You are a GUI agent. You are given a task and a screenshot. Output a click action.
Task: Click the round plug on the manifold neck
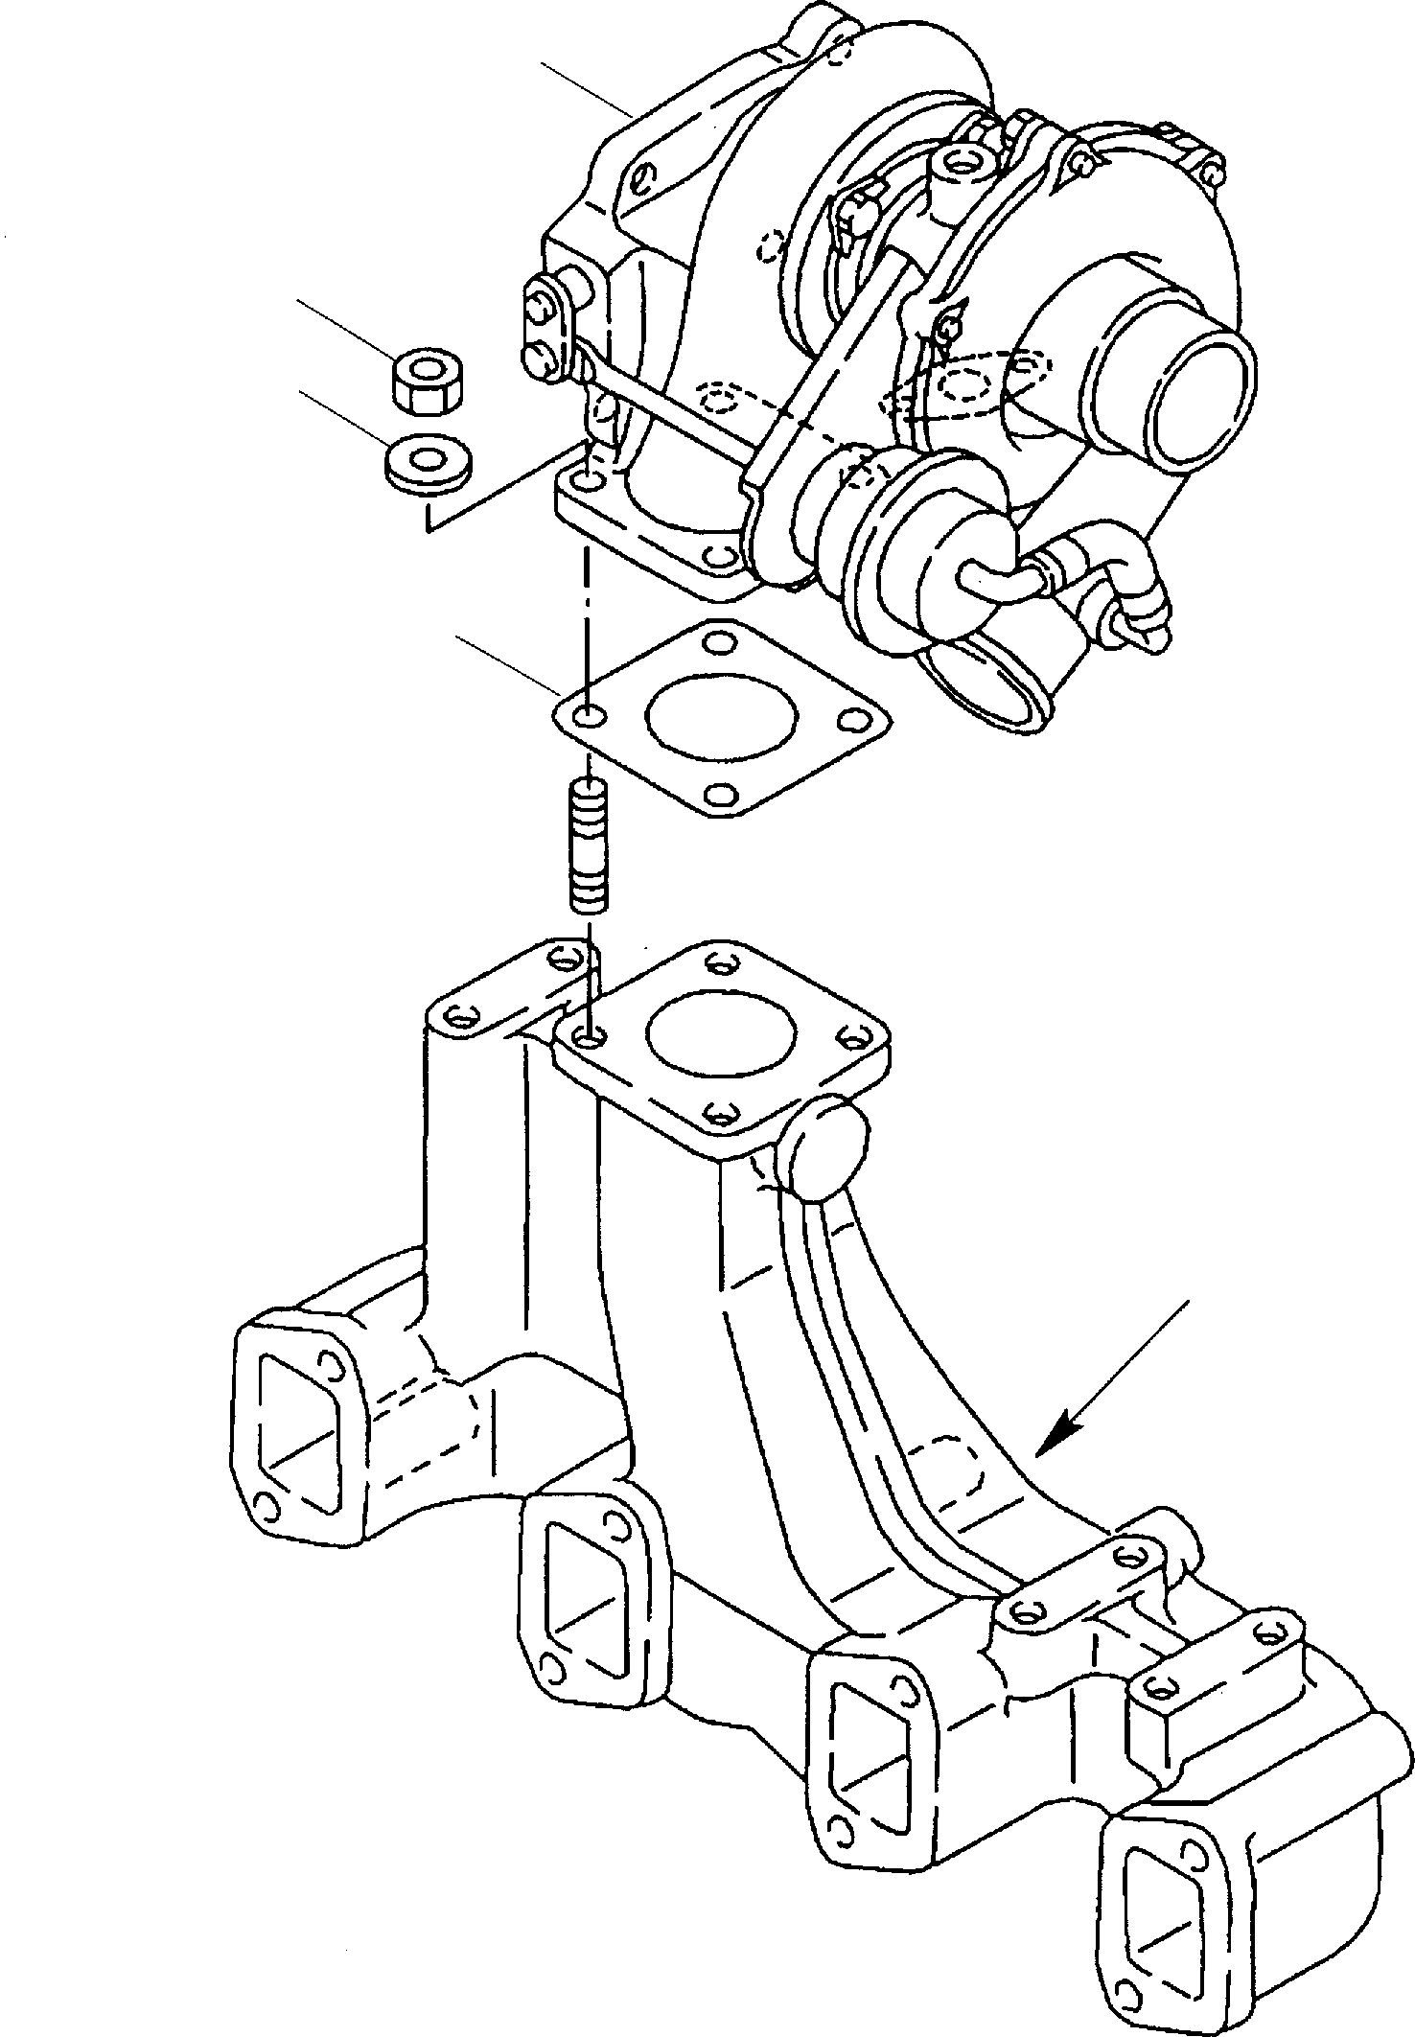(x=826, y=1146)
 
